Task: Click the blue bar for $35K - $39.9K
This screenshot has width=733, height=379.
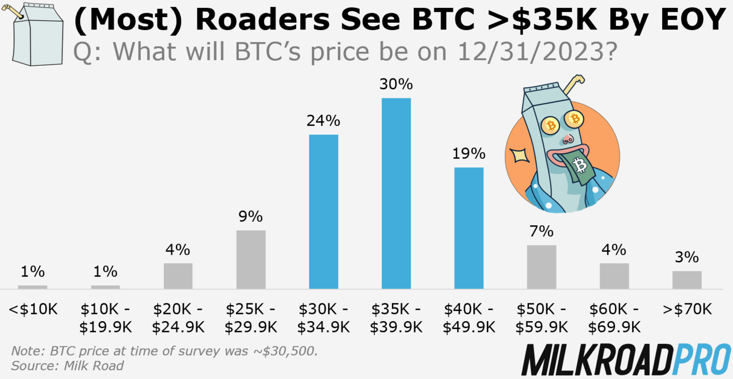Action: point(396,193)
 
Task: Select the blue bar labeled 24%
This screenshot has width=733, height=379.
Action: point(323,211)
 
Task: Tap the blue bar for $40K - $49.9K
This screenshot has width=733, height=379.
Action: point(469,228)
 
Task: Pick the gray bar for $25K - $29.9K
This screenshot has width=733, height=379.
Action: point(251,259)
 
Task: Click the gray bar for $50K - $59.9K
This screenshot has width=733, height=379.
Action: point(541,267)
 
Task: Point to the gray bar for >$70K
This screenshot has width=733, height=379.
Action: point(687,280)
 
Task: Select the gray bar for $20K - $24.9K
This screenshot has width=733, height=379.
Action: point(178,276)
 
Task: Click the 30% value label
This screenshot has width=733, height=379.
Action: point(396,85)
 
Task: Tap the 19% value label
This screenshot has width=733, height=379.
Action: point(469,154)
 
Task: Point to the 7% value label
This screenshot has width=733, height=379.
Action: point(541,231)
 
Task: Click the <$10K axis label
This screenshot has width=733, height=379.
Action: point(33,310)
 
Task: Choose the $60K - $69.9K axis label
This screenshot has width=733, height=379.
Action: point(614,318)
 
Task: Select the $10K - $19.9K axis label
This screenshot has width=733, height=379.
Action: point(106,318)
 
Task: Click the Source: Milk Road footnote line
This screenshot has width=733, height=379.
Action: point(67,365)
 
